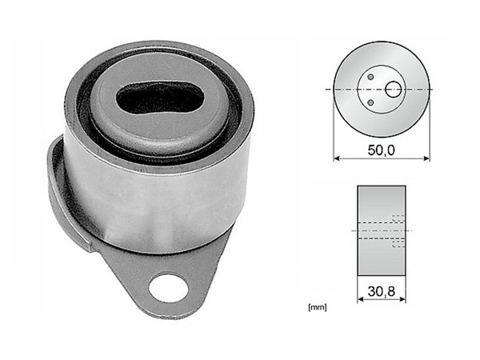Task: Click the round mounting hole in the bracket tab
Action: pos(169,286)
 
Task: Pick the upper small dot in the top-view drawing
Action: pos(371,77)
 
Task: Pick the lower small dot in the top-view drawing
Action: pos(371,102)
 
